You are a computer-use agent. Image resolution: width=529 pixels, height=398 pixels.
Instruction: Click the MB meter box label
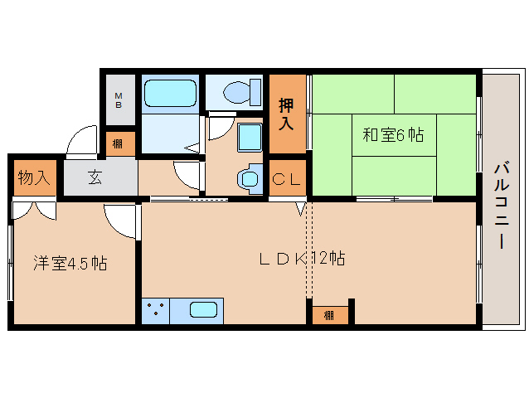tap(119, 100)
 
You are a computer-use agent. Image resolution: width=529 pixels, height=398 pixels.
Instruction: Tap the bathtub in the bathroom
tap(169, 94)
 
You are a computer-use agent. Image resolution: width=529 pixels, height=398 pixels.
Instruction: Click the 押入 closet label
tap(286, 114)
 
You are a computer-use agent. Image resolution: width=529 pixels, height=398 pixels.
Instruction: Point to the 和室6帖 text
tap(392, 134)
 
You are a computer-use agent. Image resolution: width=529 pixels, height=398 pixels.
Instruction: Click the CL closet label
tap(287, 178)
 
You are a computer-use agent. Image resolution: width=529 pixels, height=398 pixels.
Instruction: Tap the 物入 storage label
tap(33, 177)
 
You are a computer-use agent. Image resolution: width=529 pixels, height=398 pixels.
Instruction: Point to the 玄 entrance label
tap(95, 177)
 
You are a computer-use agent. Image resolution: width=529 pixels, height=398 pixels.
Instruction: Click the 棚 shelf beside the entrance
tap(119, 143)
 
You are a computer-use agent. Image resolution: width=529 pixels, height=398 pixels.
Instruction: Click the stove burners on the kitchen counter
tap(155, 311)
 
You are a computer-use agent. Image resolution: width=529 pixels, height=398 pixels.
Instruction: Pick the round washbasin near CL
tap(249, 179)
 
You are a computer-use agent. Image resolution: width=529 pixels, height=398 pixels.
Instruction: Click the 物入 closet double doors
tap(34, 208)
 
